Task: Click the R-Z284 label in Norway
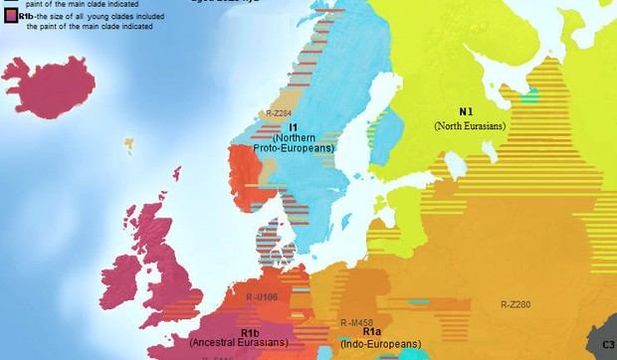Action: [x=279, y=114]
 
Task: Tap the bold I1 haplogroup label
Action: [x=294, y=127]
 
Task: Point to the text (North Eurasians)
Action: [x=470, y=126]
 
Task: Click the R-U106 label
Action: [x=261, y=297]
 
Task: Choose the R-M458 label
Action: [x=357, y=323]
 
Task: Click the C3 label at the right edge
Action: [x=608, y=344]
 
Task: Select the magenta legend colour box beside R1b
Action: [x=10, y=17]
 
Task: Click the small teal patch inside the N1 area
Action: [x=533, y=95]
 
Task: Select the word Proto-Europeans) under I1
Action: [x=295, y=148]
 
